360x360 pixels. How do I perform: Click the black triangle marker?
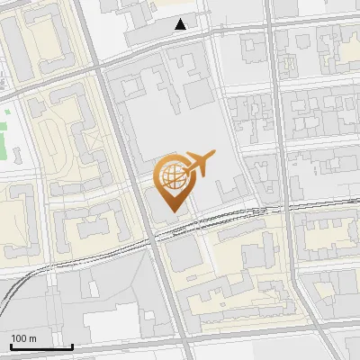click(x=182, y=24)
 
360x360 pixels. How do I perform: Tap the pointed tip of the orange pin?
click(x=172, y=212)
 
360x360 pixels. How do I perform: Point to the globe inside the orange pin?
click(x=171, y=175)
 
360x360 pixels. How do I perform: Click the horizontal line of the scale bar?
click(x=41, y=347)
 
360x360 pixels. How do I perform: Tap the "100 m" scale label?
click(x=24, y=338)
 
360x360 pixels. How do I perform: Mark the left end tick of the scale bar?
click(x=11, y=346)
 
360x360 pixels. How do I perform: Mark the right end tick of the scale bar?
click(x=72, y=346)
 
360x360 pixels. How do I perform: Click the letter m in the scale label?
click(x=33, y=338)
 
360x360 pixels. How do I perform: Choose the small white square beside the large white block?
click(x=148, y=312)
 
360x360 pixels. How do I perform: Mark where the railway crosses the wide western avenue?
click(x=152, y=238)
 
